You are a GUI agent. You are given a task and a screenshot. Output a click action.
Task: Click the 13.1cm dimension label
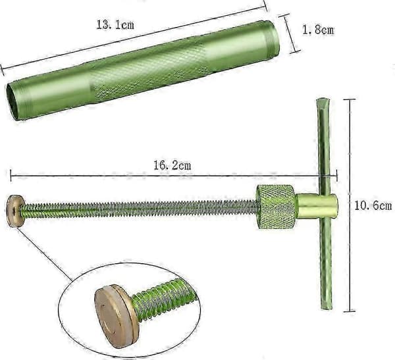point(115,25)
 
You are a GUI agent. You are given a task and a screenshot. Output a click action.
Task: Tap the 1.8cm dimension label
point(318,30)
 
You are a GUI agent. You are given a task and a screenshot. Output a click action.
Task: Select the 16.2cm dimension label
point(172,165)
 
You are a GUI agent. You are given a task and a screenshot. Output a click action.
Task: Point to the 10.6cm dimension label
point(373,206)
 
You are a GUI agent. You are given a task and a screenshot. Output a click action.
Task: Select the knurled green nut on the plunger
point(276,207)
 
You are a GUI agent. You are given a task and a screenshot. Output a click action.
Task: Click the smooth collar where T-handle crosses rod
point(317,207)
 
